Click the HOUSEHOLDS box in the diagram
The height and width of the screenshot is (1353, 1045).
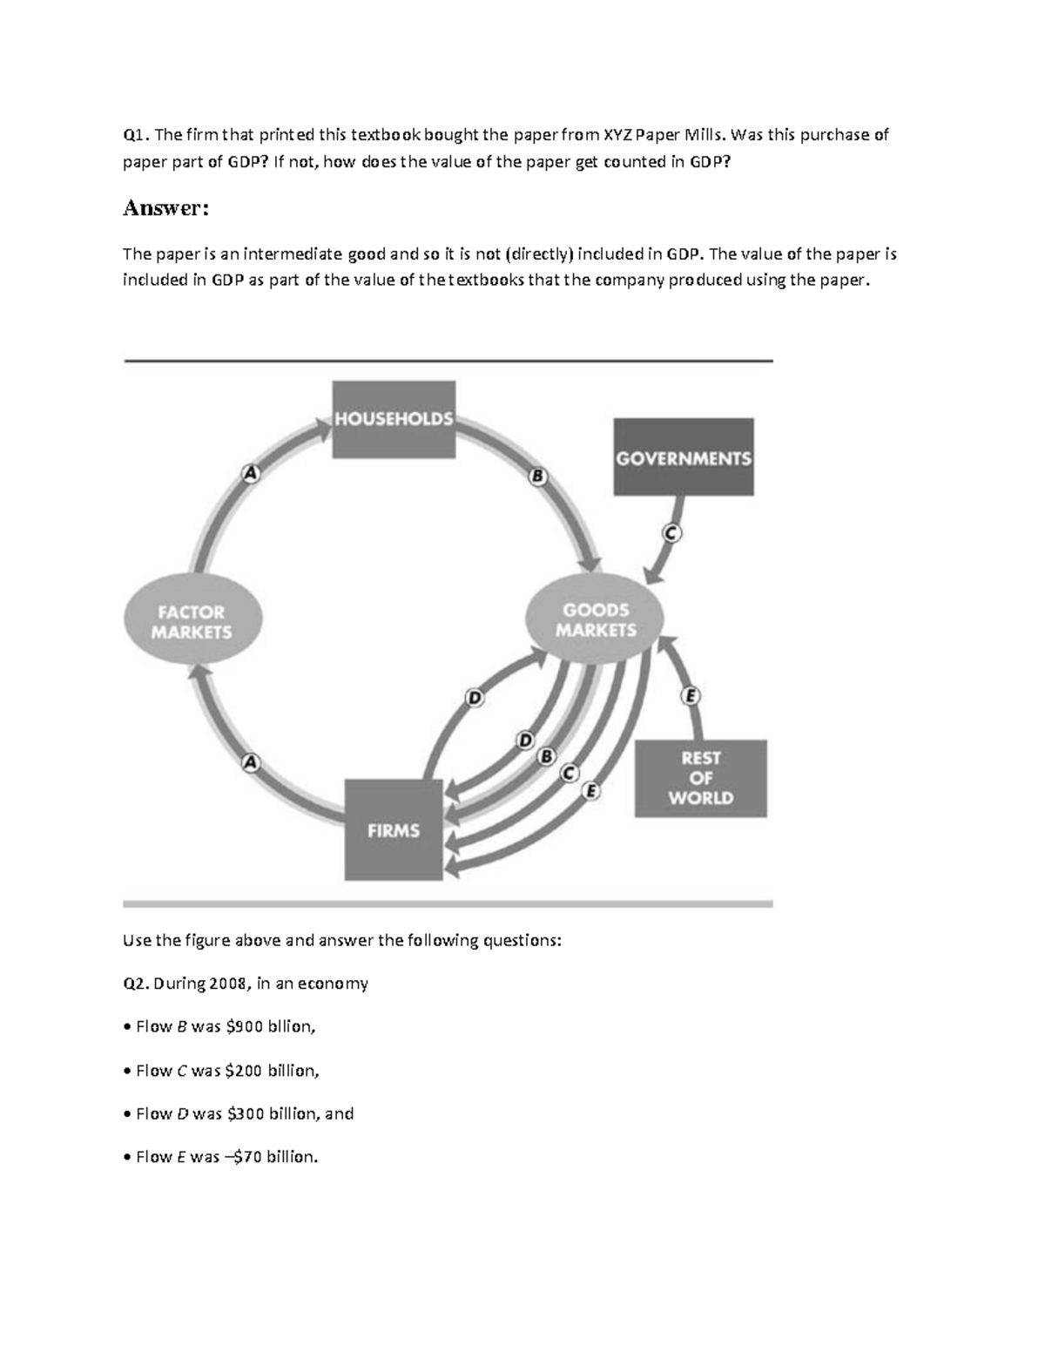coord(394,419)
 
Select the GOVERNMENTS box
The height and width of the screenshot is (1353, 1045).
coord(684,457)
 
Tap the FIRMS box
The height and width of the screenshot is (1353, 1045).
coord(394,830)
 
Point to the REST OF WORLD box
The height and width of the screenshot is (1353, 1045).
coord(700,778)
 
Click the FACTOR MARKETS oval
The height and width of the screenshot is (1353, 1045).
coord(192,622)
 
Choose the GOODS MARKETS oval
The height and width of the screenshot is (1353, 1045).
coord(596,620)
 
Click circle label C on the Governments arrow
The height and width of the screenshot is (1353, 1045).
coord(671,533)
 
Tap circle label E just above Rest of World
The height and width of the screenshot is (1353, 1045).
coord(691,696)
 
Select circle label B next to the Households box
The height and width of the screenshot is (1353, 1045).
coord(538,477)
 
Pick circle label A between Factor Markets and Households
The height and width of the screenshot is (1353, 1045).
coord(251,473)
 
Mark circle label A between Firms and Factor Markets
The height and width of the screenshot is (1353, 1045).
coord(251,762)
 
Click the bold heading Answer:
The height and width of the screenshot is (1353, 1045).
coord(166,209)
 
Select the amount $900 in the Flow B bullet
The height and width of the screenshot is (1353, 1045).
coord(244,1027)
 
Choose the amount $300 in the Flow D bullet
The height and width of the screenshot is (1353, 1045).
coord(246,1113)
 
